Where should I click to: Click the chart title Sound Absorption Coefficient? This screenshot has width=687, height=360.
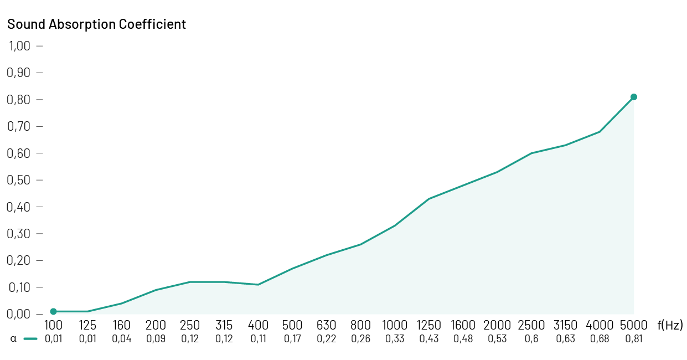click(96, 24)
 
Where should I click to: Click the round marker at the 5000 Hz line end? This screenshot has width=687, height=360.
click(634, 97)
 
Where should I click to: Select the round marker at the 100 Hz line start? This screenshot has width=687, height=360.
click(53, 311)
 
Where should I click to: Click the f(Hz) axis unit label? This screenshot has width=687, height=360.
click(670, 326)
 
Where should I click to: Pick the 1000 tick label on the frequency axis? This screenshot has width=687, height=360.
click(395, 326)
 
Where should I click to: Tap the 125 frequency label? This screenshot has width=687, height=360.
click(87, 326)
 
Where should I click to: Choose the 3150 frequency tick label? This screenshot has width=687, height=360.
click(565, 326)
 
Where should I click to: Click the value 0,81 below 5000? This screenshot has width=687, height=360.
click(634, 339)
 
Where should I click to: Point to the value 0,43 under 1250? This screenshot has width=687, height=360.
click(429, 339)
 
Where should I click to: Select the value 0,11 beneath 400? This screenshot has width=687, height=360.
click(258, 339)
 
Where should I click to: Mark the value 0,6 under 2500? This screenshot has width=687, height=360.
click(531, 339)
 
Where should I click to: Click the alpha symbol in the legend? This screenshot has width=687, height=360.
click(13, 339)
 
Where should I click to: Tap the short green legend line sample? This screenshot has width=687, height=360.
click(30, 339)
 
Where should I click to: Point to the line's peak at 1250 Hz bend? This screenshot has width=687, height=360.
click(429, 199)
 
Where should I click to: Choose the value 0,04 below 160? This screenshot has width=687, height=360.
click(122, 339)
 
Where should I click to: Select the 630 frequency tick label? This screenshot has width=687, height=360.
click(327, 326)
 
